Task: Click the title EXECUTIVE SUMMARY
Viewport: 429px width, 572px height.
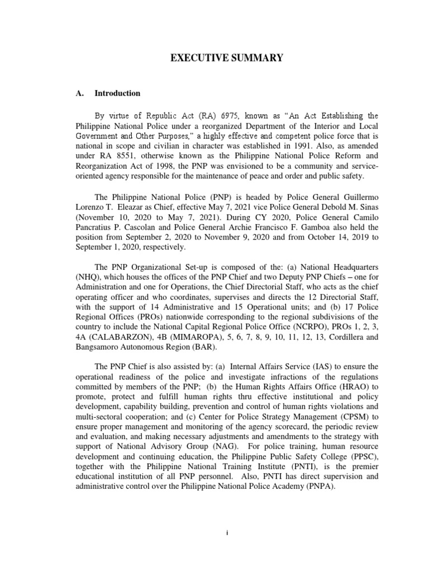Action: [215, 58]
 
